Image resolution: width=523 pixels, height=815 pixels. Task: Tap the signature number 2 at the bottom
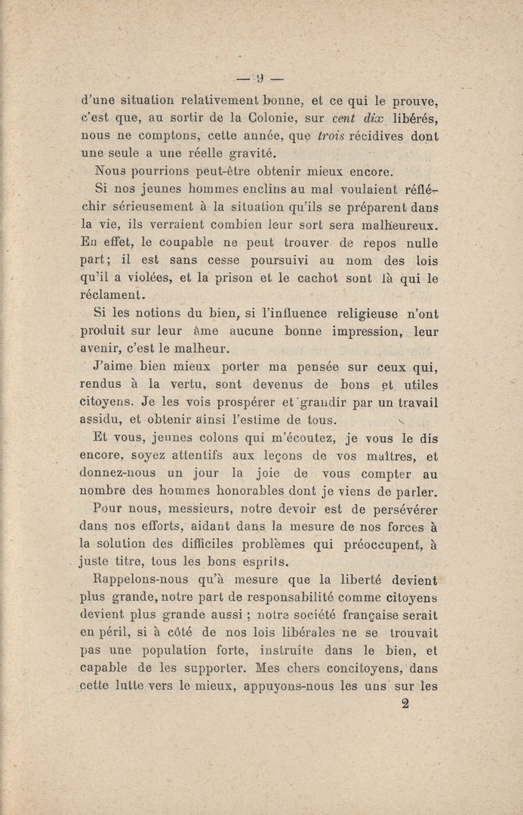click(x=405, y=705)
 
